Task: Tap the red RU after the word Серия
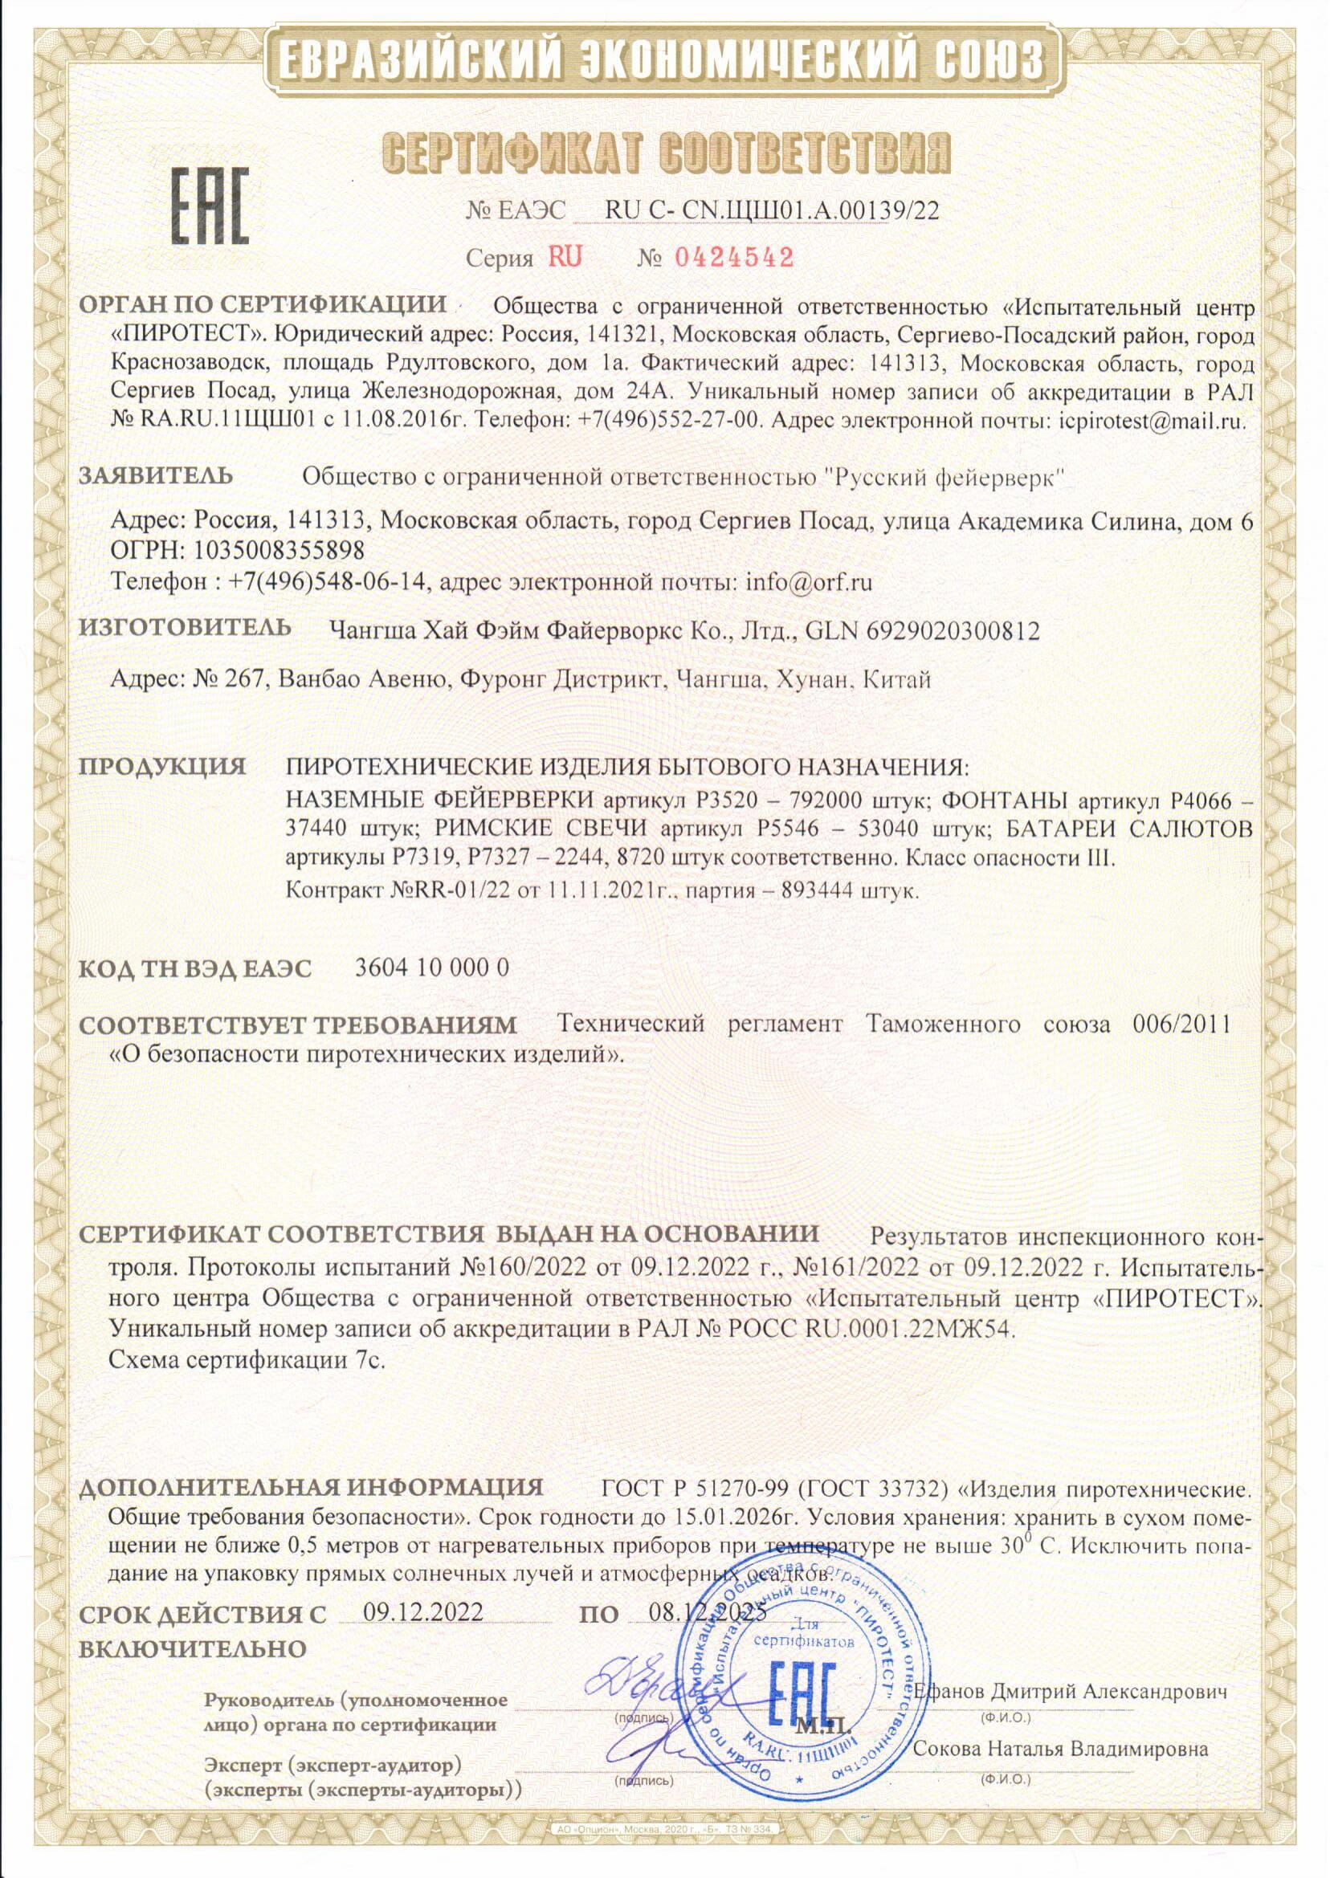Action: click(565, 258)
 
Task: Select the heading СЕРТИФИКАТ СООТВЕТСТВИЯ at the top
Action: click(667, 156)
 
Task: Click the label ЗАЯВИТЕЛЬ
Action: click(156, 475)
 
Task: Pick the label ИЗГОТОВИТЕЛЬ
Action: click(185, 628)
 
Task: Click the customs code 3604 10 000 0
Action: click(432, 968)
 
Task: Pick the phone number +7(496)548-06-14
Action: click(330, 582)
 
